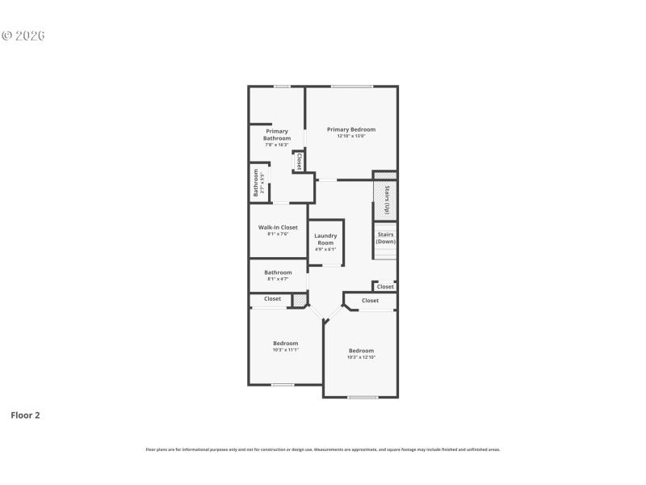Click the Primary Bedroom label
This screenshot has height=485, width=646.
[x=351, y=129]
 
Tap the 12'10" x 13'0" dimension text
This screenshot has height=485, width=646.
[x=351, y=136]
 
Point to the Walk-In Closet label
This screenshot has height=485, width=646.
[x=278, y=228]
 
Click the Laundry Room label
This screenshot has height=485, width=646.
[x=325, y=239]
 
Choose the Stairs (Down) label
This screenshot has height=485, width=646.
[x=385, y=238]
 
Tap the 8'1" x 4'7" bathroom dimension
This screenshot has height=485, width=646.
[x=277, y=279]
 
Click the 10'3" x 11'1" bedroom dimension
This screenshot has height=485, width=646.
[x=285, y=349]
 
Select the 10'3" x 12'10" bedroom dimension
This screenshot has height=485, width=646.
[x=361, y=357]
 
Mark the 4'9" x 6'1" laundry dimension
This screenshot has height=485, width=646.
[x=325, y=249]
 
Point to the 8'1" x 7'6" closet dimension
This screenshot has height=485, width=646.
[x=278, y=234]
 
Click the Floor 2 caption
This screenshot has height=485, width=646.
[x=25, y=415]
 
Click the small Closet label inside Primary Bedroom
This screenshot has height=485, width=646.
[x=299, y=161]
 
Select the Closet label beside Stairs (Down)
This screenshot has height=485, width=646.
[x=385, y=287]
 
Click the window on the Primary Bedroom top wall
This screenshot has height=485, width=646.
[x=351, y=86]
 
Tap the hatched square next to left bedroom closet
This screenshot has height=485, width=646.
[x=299, y=301]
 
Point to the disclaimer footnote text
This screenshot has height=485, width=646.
[x=322, y=449]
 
